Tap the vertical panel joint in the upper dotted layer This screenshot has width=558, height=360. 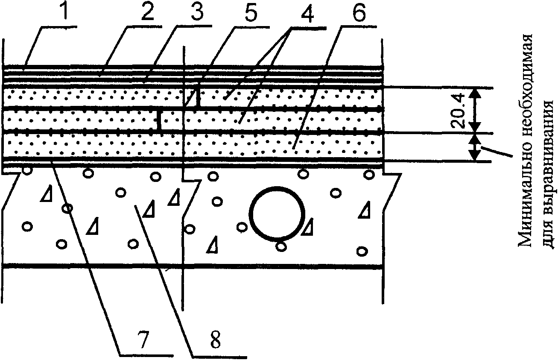(198, 98)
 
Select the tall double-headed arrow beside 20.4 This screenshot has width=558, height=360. (474, 110)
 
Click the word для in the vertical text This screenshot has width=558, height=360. (546, 234)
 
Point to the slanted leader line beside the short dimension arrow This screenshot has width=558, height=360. (497, 151)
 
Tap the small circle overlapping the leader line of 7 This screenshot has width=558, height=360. (67, 208)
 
